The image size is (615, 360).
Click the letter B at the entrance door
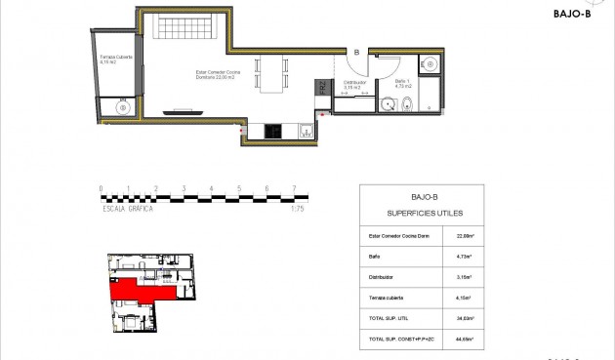[356, 53]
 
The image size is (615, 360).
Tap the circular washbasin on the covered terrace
[121, 109]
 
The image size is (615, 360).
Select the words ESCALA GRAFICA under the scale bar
[128, 209]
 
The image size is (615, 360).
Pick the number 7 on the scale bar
[294, 189]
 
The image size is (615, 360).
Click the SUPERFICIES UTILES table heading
[424, 213]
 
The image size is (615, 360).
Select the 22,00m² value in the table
[465, 235]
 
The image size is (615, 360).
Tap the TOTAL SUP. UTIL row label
[389, 318]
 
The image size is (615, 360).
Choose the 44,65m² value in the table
[465, 339]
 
